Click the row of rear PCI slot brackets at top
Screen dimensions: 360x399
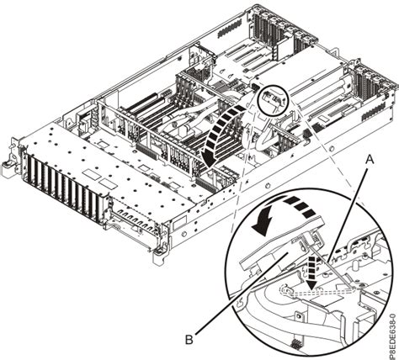tap(286, 25)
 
